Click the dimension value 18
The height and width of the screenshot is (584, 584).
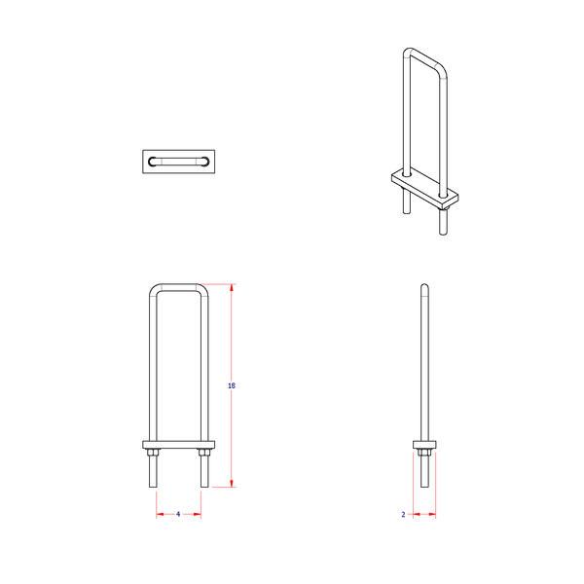[x=231, y=386]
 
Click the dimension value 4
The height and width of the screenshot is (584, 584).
[x=178, y=514]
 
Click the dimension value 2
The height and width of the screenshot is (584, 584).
[x=403, y=514]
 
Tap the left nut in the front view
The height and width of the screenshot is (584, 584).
[x=153, y=452]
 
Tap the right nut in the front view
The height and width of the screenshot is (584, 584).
[x=203, y=452]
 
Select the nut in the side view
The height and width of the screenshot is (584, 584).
[x=423, y=452]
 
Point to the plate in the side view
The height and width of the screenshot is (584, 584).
[x=423, y=445]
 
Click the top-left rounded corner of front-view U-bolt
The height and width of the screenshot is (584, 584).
[x=154, y=289]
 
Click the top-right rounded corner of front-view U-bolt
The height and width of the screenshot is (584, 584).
[x=202, y=289]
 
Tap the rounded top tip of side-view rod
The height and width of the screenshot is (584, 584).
[x=423, y=285]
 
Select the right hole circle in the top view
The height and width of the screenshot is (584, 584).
[x=202, y=161]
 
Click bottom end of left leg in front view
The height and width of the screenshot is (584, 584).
[x=153, y=484]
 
